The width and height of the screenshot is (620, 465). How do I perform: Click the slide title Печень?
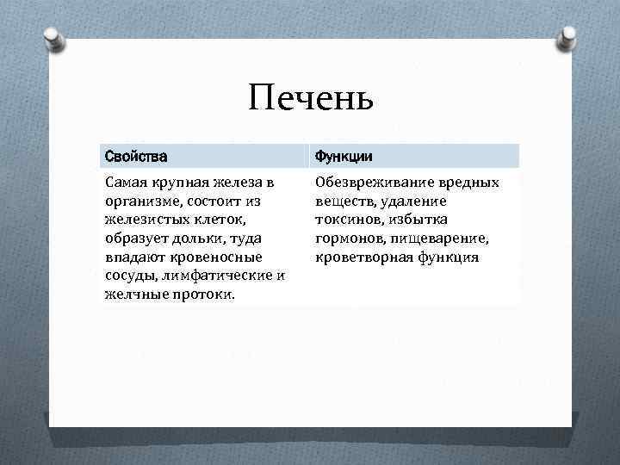(310, 99)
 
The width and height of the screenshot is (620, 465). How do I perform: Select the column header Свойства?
(135, 156)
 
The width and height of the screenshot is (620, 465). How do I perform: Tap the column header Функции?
(343, 156)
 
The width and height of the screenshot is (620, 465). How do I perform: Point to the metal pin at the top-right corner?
(567, 36)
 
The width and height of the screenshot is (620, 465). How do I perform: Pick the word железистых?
(144, 220)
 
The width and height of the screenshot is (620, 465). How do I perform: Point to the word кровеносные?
(213, 257)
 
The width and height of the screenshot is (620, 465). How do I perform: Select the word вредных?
(466, 183)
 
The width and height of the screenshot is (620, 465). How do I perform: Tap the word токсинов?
(349, 220)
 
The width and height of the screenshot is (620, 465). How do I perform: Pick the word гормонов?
(349, 239)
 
